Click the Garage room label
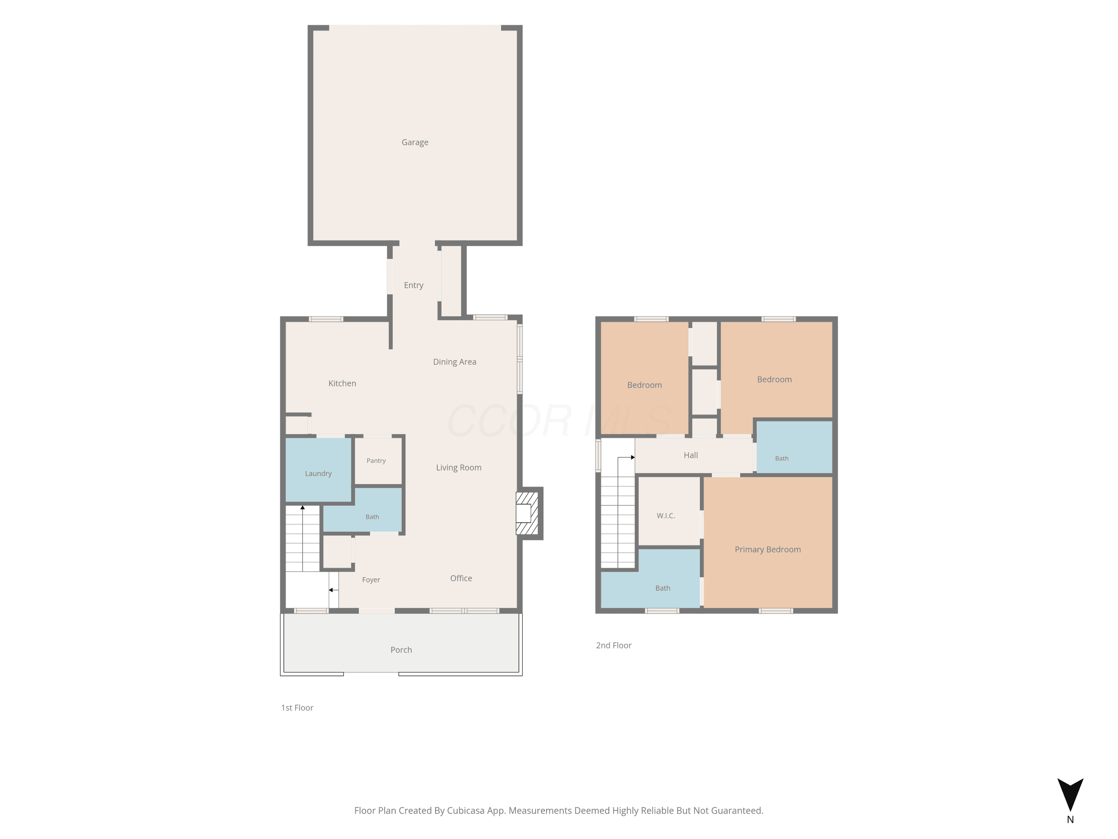[415, 142]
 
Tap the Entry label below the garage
[413, 286]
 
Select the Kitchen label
[342, 383]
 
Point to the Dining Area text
[454, 362]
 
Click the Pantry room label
[376, 461]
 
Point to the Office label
[461, 578]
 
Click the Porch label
[401, 650]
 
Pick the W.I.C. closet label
[666, 516]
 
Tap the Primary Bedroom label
[768, 550]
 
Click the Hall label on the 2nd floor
[691, 455]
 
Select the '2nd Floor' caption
[613, 645]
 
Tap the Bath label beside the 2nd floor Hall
[782, 459]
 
